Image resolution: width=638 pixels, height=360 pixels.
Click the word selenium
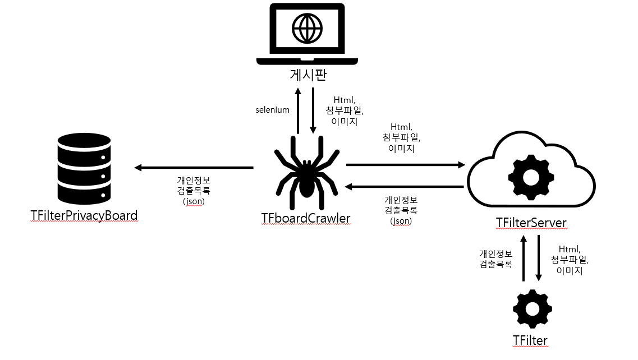tap(272, 110)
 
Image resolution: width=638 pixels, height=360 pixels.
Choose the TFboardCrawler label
tap(306, 218)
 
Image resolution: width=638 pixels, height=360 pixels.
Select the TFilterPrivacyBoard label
tap(84, 215)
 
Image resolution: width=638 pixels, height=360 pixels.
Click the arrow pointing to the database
tap(194, 167)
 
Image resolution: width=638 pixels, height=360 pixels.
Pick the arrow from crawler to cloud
tap(406, 165)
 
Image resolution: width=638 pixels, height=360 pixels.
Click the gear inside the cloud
tap(530, 176)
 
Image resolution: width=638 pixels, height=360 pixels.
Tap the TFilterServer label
tap(531, 223)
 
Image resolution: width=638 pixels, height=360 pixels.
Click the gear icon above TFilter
tap(532, 309)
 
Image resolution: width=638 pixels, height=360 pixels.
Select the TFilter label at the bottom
tap(530, 340)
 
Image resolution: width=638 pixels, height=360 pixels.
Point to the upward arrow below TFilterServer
tap(524, 258)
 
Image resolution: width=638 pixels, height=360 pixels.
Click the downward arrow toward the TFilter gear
tap(539, 258)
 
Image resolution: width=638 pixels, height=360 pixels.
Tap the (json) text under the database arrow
tap(194, 201)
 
